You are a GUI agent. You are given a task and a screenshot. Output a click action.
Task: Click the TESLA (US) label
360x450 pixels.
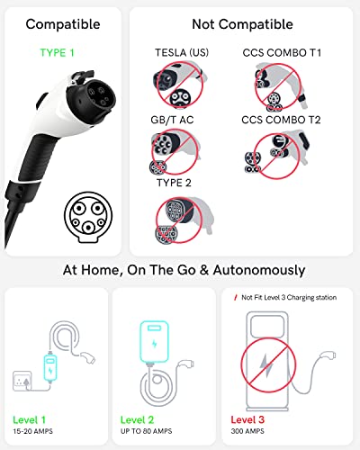[x=176, y=53]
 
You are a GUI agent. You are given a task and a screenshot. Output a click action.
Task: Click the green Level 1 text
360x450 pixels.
[x=31, y=419]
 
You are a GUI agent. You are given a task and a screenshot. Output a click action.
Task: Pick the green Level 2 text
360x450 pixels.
[x=138, y=419]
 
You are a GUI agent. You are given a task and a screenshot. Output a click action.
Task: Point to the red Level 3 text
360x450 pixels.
[x=249, y=419]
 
